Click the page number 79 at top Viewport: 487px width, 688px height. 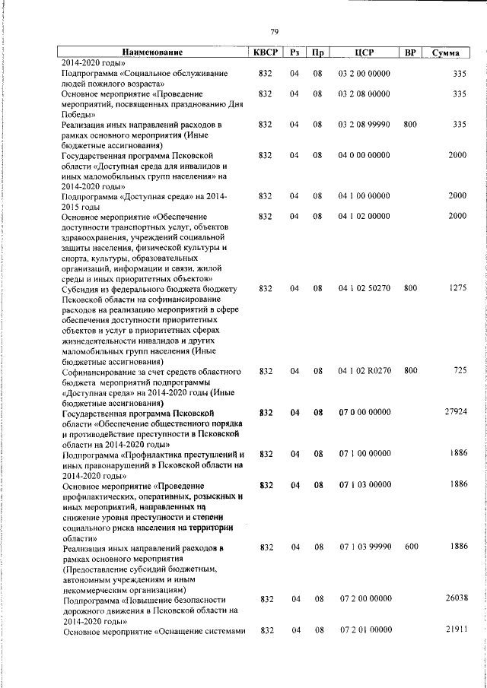tap(274, 31)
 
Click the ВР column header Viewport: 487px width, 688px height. tap(410, 52)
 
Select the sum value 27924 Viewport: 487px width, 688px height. tap(455, 412)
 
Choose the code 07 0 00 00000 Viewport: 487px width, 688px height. tap(364, 413)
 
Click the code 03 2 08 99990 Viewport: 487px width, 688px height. tap(364, 123)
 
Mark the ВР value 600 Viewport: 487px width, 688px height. tap(410, 547)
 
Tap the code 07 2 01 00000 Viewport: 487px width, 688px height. tap(364, 631)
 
